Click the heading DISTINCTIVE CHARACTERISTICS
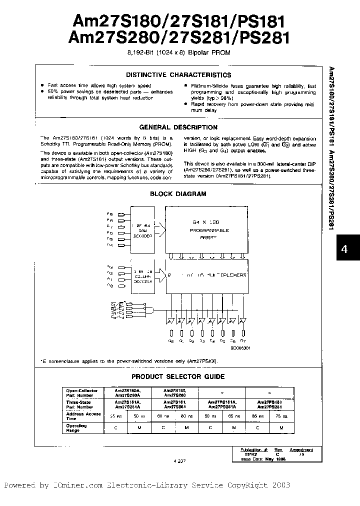(178, 75)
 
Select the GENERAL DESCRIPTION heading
(178, 127)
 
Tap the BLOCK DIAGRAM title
(178, 194)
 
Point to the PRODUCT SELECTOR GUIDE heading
(178, 376)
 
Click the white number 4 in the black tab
(344, 249)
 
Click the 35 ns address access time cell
(115, 415)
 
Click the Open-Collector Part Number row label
(80, 392)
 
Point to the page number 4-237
(178, 461)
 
